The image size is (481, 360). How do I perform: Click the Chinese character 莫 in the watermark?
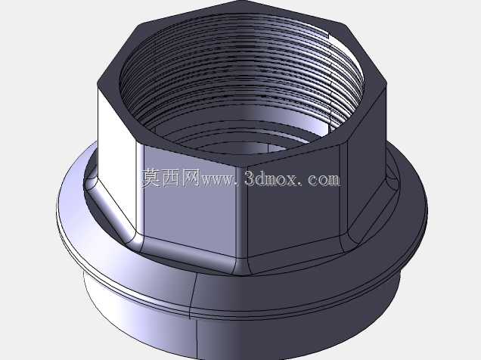click(151, 178)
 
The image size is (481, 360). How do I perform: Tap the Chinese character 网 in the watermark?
click(191, 178)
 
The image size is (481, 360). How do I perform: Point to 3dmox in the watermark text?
click(271, 178)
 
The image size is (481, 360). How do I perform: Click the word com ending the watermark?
click(324, 179)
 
